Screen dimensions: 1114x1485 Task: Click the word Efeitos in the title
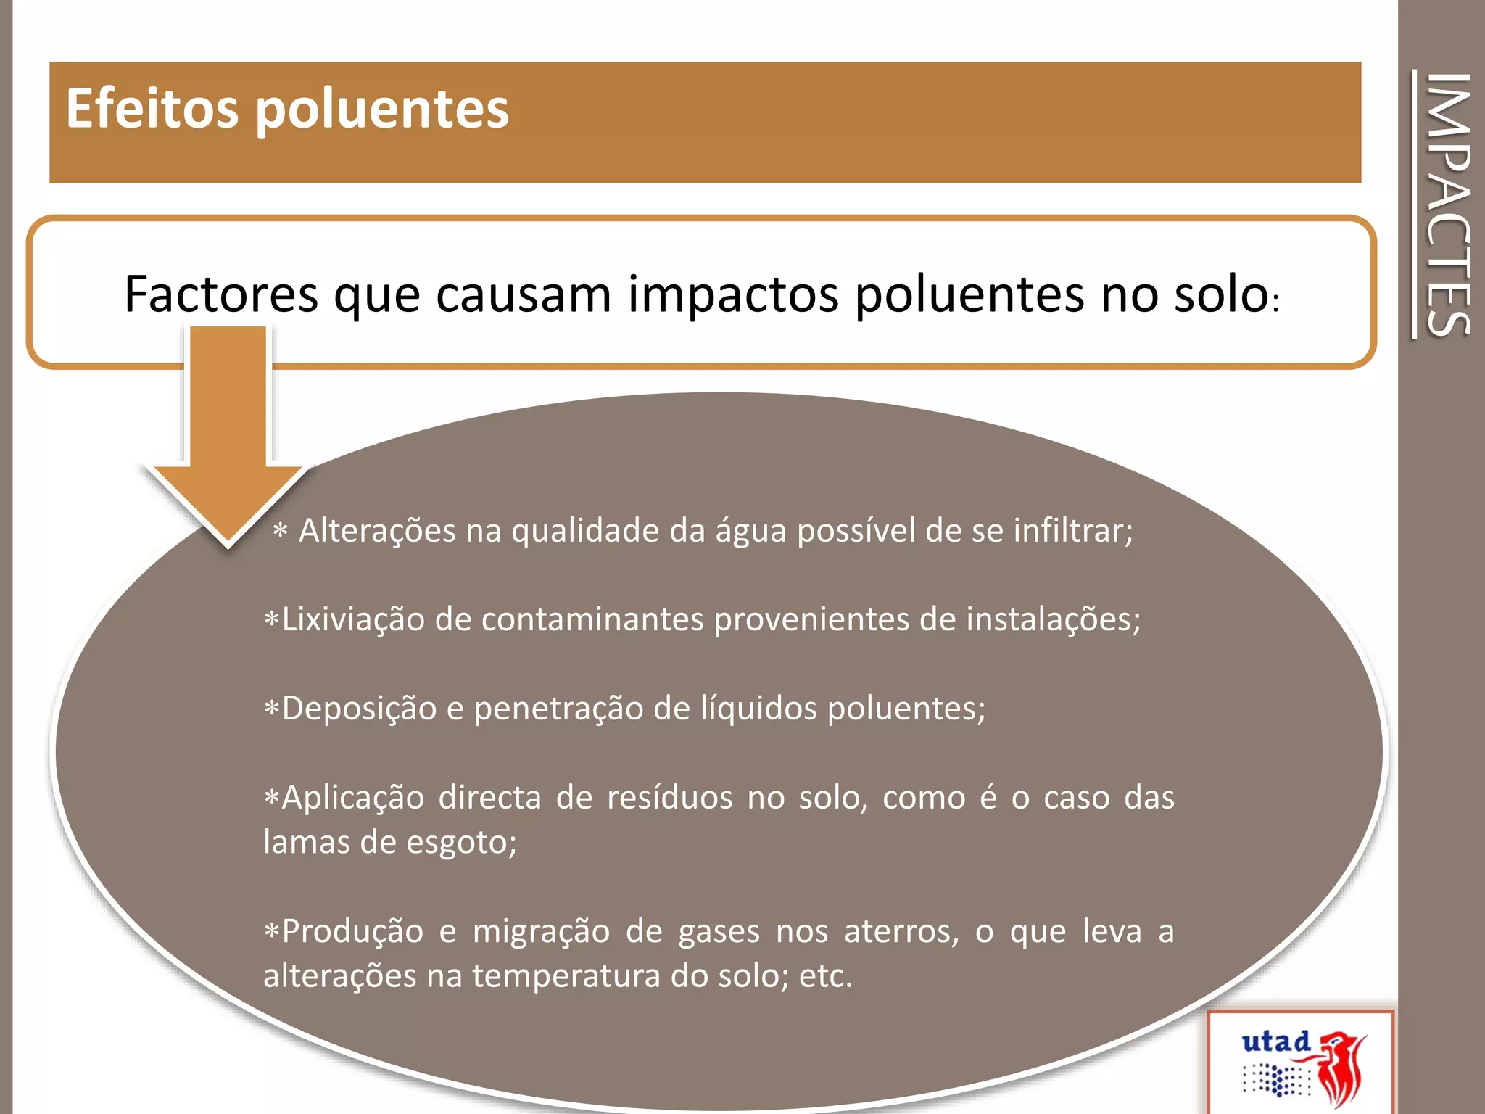(x=152, y=109)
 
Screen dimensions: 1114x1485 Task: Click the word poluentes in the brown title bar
(x=382, y=110)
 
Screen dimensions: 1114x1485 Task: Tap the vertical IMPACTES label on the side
(x=1447, y=205)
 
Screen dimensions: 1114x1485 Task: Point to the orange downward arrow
(x=228, y=435)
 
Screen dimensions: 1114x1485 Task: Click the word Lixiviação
(x=352, y=619)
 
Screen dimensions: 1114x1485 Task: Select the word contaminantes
(x=592, y=619)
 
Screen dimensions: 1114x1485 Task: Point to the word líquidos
(x=758, y=709)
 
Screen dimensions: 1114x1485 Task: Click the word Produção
(x=352, y=931)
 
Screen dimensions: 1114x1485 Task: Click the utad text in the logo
(x=1275, y=1042)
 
